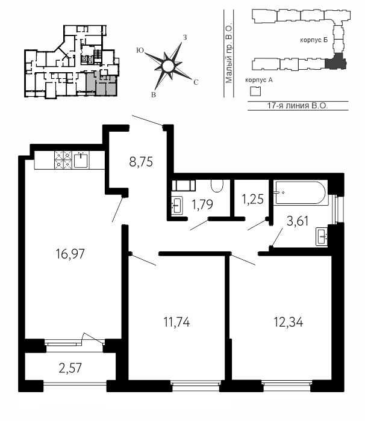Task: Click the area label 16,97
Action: [70, 254]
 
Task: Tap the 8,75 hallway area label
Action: [141, 162]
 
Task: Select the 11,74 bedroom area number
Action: [176, 322]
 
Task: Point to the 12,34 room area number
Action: [289, 322]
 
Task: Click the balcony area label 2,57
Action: [70, 368]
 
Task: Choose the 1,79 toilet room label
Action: [202, 204]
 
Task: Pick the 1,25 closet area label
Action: [252, 200]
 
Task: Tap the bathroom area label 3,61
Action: [298, 222]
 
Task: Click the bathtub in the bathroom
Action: [299, 193]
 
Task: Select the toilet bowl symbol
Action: [217, 186]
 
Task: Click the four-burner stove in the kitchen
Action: [63, 160]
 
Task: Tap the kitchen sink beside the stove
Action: [81, 160]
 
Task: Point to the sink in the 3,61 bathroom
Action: [322, 236]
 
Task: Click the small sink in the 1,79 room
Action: [177, 206]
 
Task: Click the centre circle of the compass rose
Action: [168, 66]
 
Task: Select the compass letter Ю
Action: [140, 50]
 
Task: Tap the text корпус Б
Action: [314, 40]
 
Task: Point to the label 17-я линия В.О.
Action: [298, 105]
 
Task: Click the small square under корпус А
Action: [255, 91]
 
